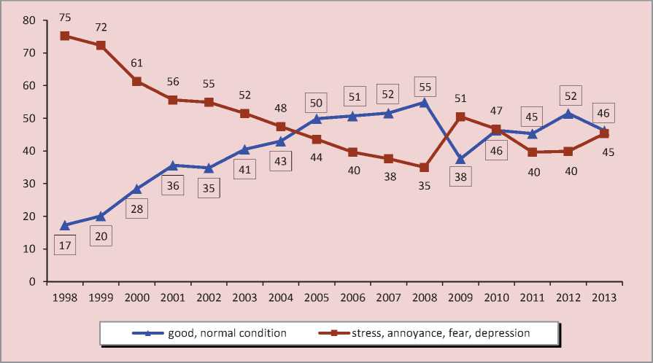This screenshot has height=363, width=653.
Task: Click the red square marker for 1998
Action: tap(65, 36)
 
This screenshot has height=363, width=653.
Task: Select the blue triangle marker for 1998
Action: tap(65, 225)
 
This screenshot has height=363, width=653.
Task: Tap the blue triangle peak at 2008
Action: tap(424, 102)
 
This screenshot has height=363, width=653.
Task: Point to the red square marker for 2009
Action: tap(460, 116)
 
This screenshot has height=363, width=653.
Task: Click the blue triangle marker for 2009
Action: tap(460, 158)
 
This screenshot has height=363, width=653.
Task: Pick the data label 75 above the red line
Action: tap(65, 17)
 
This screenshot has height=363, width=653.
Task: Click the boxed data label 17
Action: tap(65, 246)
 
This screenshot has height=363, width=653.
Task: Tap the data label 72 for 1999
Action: tap(101, 27)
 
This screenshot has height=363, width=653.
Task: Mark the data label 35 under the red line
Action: tap(424, 185)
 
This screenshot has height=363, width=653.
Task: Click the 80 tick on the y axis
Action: tap(30, 20)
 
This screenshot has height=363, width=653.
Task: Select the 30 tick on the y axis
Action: tap(30, 184)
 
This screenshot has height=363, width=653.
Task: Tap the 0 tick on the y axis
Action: tap(34, 281)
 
